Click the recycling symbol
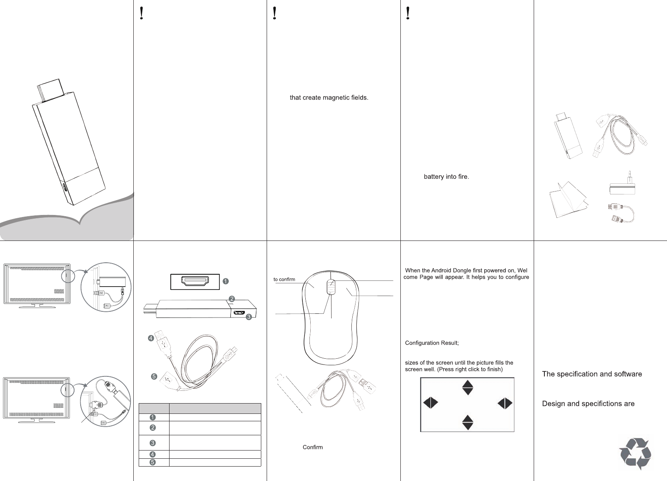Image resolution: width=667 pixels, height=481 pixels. click(x=635, y=454)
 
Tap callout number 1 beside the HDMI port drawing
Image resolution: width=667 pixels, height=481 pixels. click(x=225, y=281)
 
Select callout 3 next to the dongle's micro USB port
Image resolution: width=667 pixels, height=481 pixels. click(x=249, y=316)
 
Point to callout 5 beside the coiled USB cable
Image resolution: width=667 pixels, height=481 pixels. click(x=153, y=376)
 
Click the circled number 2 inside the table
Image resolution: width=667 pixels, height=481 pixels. click(x=152, y=428)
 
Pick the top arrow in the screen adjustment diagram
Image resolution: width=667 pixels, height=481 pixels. click(x=468, y=388)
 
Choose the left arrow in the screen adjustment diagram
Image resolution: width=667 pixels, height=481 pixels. click(x=430, y=403)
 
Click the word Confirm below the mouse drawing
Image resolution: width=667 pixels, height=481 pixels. click(x=313, y=447)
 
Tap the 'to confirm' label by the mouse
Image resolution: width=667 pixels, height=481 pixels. click(x=284, y=280)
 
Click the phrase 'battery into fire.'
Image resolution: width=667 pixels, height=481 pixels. click(x=446, y=177)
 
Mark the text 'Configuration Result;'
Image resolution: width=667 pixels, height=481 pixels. click(x=432, y=343)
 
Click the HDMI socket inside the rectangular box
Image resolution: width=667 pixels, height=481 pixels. click(x=195, y=282)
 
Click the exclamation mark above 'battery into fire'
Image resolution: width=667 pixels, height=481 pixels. click(x=407, y=14)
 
